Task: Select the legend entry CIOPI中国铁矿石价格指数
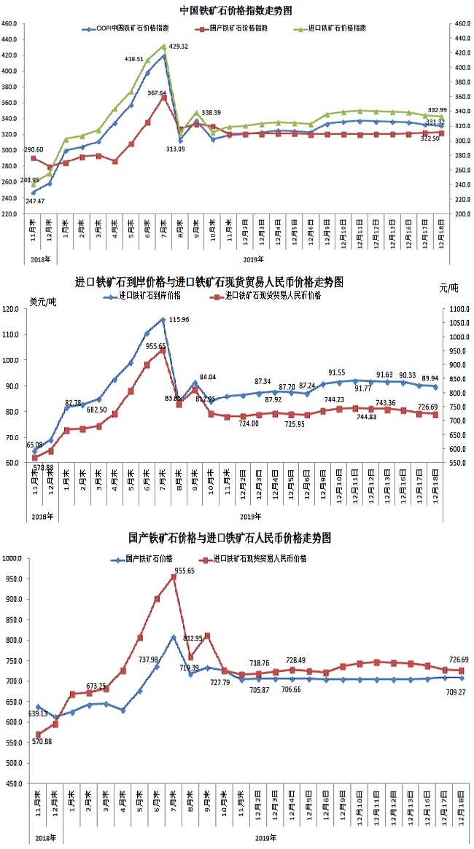pyautogui.click(x=132, y=28)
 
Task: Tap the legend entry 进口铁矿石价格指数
pyautogui.click(x=334, y=28)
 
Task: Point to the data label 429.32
pyautogui.click(x=179, y=47)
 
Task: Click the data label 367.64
pyautogui.click(x=158, y=93)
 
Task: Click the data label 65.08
pyautogui.click(x=34, y=445)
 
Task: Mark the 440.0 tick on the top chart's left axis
pyautogui.click(x=9, y=39)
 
